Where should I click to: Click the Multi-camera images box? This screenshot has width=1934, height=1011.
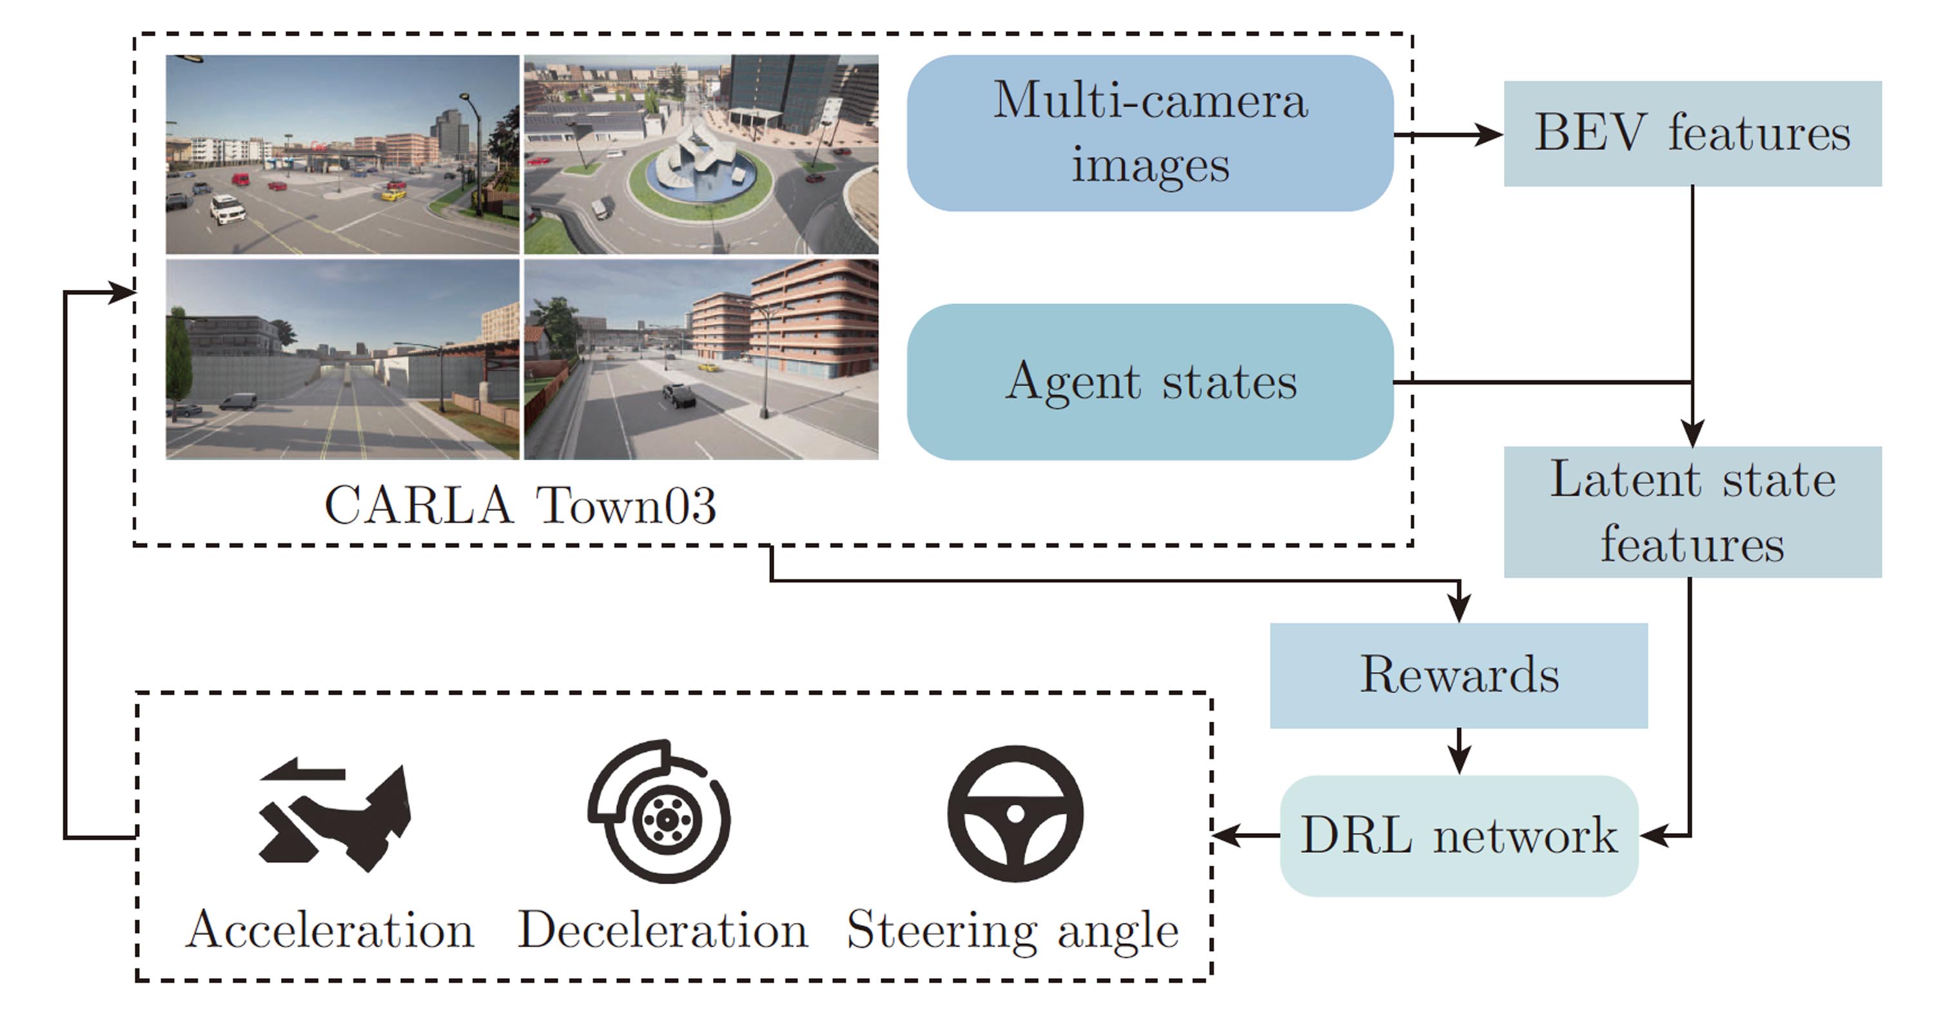pyautogui.click(x=1149, y=133)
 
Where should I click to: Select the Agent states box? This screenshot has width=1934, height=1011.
pyautogui.click(x=1149, y=381)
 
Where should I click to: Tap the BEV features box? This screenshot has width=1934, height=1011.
pyautogui.click(x=1692, y=133)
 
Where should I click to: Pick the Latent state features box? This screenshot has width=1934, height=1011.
pyautogui.click(x=1692, y=511)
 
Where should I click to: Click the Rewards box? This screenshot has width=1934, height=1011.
pyautogui.click(x=1458, y=675)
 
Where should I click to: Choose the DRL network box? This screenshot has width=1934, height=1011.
pyautogui.click(x=1458, y=834)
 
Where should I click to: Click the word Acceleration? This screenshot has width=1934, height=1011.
pyautogui.click(x=330, y=930)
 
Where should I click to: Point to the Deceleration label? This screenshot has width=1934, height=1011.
pyautogui.click(x=663, y=930)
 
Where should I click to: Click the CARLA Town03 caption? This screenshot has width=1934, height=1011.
pyautogui.click(x=520, y=505)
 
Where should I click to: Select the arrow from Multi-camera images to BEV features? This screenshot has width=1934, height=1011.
pyautogui.click(x=1449, y=135)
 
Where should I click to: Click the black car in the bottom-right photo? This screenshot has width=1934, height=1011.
pyautogui.click(x=679, y=395)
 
